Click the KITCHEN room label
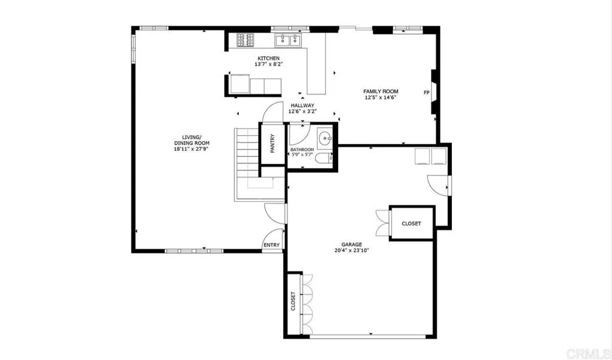pyautogui.click(x=268, y=58)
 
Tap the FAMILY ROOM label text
pyautogui.click(x=381, y=91)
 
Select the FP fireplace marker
pyautogui.click(x=426, y=93)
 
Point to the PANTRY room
pyautogui.click(x=272, y=144)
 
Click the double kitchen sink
pyautogui.click(x=288, y=40)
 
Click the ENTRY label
pyautogui.click(x=271, y=245)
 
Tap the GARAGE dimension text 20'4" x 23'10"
pyautogui.click(x=351, y=251)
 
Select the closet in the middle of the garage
pyautogui.click(x=411, y=223)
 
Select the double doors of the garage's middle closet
pyautogui.click(x=382, y=223)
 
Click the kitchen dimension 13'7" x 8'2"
pyautogui.click(x=268, y=64)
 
